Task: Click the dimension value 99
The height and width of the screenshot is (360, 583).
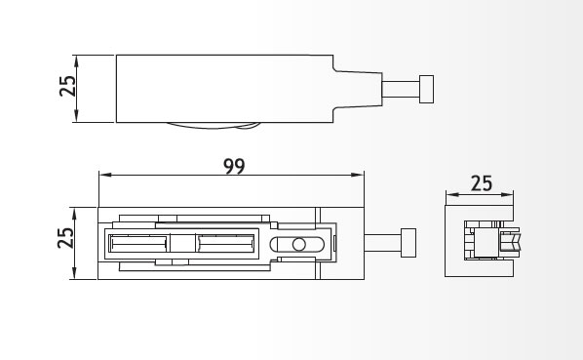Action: [x=234, y=166]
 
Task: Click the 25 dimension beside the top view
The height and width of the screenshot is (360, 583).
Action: [x=67, y=86]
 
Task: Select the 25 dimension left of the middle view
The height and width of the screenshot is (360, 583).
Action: [x=66, y=238]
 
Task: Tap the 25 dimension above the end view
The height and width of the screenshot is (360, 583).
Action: [x=482, y=183]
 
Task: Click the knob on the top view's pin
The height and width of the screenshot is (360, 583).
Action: [x=426, y=89]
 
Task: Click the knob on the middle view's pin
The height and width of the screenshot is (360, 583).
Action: [x=408, y=243]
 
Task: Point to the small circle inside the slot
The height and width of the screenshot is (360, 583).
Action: [x=299, y=244]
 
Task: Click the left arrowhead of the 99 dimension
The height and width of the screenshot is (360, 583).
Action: [x=105, y=175]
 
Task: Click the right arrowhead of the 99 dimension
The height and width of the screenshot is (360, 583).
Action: [x=358, y=175]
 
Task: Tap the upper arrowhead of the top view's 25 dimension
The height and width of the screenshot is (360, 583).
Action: [x=76, y=61]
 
